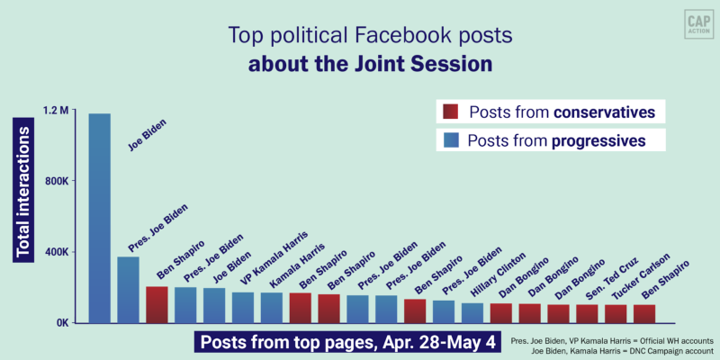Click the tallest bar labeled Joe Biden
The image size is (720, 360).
(99, 216)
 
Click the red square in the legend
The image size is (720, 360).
(450, 112)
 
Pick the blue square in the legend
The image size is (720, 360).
(450, 140)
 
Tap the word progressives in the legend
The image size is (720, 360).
(598, 140)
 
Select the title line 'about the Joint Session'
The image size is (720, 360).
(359, 66)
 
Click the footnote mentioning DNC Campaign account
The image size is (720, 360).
(611, 352)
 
